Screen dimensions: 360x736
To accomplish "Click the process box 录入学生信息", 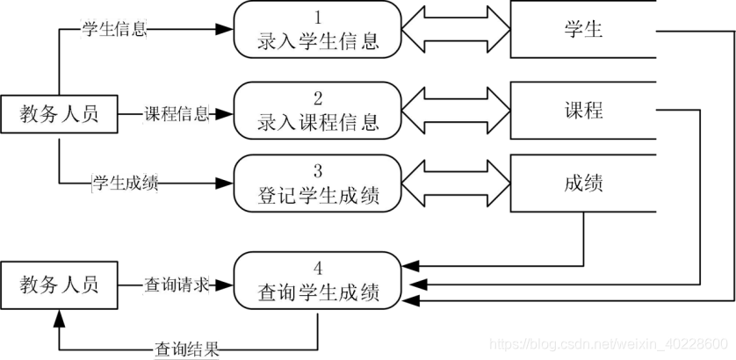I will (x=318, y=31).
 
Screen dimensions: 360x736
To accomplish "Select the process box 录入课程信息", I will (x=318, y=111).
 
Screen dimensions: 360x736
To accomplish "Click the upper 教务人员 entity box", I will (x=59, y=114).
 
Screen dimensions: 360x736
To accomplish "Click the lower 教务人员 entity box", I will (x=59, y=284).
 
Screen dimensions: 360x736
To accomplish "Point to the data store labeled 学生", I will (x=583, y=30).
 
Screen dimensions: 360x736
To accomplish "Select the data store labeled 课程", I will (x=583, y=110).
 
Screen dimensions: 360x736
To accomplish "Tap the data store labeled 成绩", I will (x=583, y=184).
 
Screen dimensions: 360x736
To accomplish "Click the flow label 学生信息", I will (x=113, y=28).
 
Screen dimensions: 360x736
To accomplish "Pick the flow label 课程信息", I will (x=176, y=114).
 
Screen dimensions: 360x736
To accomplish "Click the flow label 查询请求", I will (x=176, y=284).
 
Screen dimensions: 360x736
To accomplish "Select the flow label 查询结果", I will (x=185, y=349).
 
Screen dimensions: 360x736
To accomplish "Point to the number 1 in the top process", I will (x=318, y=16).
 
